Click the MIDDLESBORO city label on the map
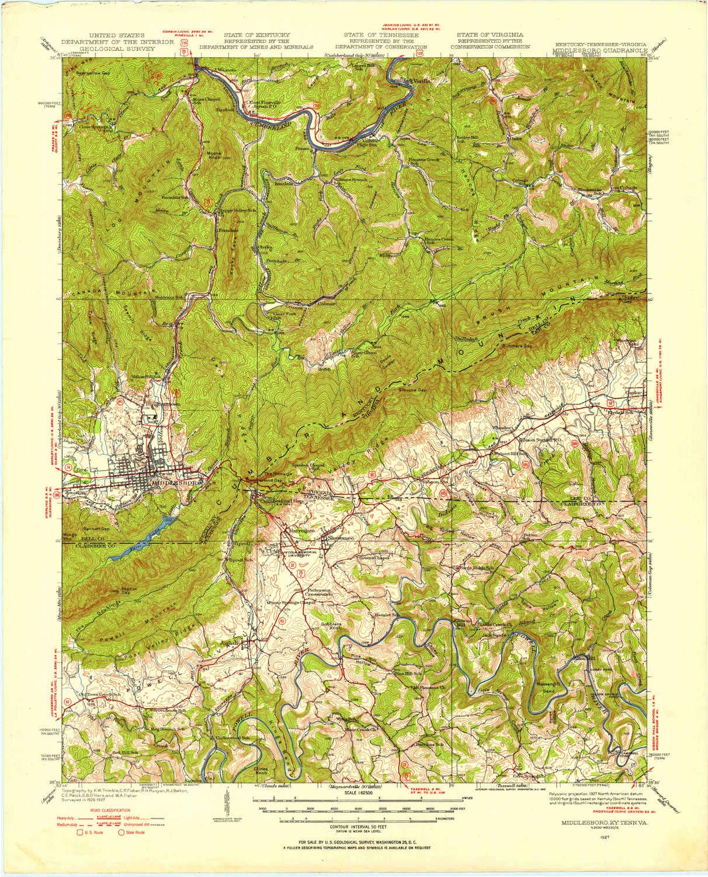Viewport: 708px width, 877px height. (176, 484)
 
